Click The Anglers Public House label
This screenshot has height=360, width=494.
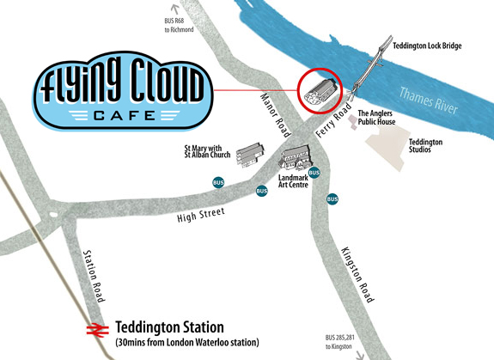tap(376, 118)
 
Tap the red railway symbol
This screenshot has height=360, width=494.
tap(95, 328)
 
